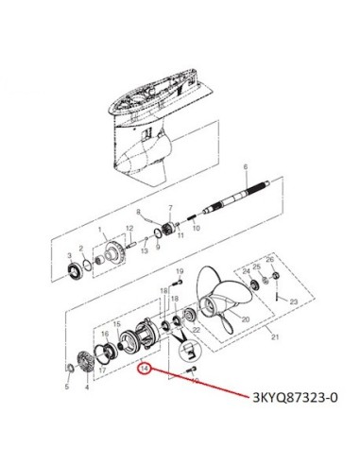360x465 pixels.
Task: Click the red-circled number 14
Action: [145, 369]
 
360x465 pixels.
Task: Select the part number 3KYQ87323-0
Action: [295, 398]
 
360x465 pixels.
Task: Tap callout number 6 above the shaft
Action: [246, 167]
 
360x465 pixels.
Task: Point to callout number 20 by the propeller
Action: [246, 319]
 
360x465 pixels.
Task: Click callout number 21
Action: [275, 337]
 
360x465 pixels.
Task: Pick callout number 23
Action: [294, 301]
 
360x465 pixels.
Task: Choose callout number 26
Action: [270, 260]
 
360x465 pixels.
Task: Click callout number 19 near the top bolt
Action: [180, 271]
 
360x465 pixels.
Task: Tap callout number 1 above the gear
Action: [100, 229]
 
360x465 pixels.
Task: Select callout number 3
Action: [70, 255]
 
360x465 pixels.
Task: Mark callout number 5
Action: [67, 387]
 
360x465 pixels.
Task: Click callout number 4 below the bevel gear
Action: [87, 387]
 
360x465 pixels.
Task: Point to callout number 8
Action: [138, 212]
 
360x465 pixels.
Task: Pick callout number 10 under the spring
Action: [196, 228]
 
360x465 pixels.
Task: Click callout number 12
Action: [129, 228]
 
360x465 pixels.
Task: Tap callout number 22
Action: [197, 330]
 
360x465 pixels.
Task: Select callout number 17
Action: [102, 370]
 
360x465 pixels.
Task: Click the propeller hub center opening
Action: [209, 305]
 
